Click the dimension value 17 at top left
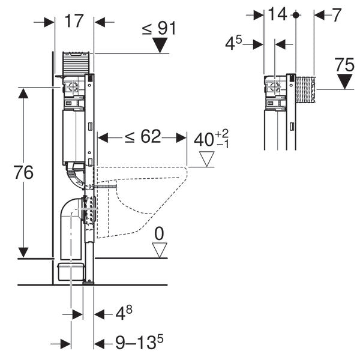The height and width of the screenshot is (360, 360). [73, 22]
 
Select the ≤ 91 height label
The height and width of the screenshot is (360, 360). [158, 28]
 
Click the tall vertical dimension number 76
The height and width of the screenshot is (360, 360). [23, 173]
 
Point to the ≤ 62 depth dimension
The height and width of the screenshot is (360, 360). [142, 137]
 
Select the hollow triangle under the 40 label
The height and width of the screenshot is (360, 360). [207, 159]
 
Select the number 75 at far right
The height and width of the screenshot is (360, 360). [344, 65]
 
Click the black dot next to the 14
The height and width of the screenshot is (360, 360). [295, 15]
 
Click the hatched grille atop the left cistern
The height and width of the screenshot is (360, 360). [77, 62]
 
